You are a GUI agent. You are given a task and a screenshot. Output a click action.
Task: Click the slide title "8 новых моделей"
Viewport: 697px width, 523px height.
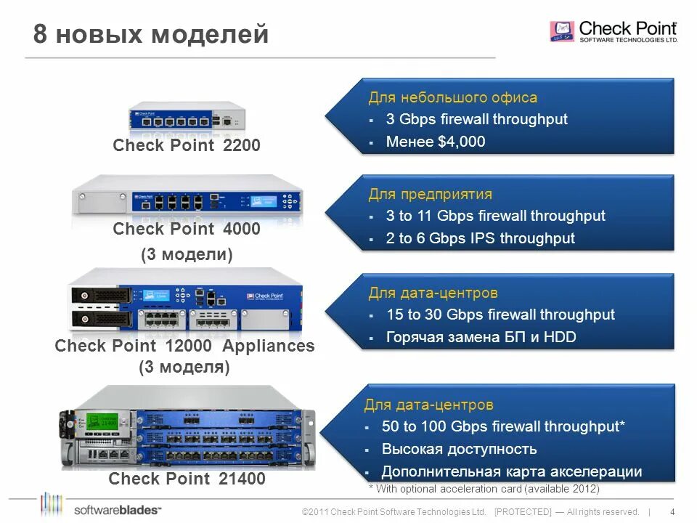tap(151, 34)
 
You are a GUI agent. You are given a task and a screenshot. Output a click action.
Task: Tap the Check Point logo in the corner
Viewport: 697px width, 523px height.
tap(614, 32)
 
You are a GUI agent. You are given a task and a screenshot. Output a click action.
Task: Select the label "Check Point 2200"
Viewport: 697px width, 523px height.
tap(187, 146)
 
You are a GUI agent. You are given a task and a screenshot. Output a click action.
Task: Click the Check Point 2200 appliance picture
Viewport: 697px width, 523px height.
tap(187, 117)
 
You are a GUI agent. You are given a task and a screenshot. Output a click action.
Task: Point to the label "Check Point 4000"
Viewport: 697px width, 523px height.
tap(187, 230)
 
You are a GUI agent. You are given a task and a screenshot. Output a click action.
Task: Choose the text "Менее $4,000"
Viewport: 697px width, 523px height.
tap(436, 142)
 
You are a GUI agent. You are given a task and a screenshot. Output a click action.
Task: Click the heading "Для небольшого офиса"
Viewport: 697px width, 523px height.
tap(452, 97)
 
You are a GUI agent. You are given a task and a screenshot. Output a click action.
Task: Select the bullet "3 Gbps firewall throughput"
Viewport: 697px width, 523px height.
tap(476, 119)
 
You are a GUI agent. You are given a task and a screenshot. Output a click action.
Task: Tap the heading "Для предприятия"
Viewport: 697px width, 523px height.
tap(430, 194)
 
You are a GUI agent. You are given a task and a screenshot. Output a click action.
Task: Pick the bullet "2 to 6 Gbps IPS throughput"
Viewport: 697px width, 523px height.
tap(480, 238)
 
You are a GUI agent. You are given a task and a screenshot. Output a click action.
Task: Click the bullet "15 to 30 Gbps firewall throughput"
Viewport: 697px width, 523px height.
tap(500, 315)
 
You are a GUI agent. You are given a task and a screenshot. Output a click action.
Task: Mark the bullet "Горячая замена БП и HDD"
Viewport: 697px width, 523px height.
tap(481, 337)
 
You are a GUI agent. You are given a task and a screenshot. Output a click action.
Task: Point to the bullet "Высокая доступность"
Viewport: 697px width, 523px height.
tap(459, 449)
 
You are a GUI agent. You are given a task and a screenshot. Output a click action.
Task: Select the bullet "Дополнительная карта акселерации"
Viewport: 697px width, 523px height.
tap(511, 471)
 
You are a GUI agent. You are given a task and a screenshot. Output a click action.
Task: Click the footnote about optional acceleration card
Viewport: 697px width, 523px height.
tap(484, 489)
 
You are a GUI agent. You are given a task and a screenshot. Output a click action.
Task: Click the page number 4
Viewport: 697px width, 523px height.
tap(672, 511)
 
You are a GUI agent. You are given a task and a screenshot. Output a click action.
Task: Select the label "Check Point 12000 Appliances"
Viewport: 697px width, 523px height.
tap(184, 346)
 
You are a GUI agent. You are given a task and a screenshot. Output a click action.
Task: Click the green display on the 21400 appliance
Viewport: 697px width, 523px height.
tap(102, 422)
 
